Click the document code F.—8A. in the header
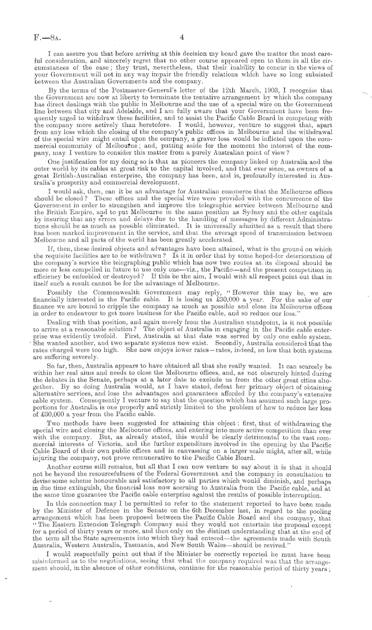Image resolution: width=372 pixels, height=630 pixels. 31,38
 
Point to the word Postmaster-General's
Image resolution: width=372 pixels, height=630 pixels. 123,96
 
